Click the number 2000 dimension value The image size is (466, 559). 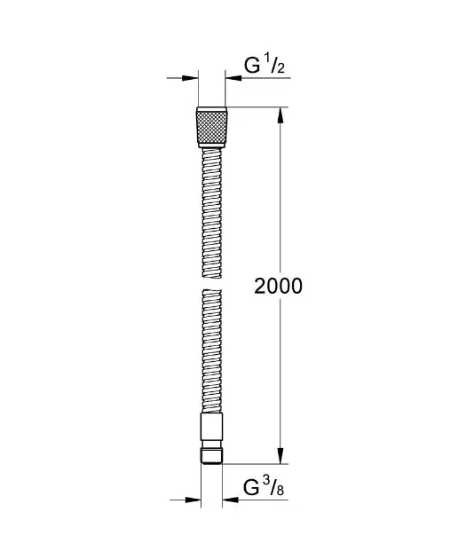coord(279,286)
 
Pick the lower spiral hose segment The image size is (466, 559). coord(211,350)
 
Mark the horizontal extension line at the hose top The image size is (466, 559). coord(257,108)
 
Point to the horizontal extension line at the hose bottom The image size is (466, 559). coord(257,463)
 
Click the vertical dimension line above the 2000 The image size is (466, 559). coord(280,195)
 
